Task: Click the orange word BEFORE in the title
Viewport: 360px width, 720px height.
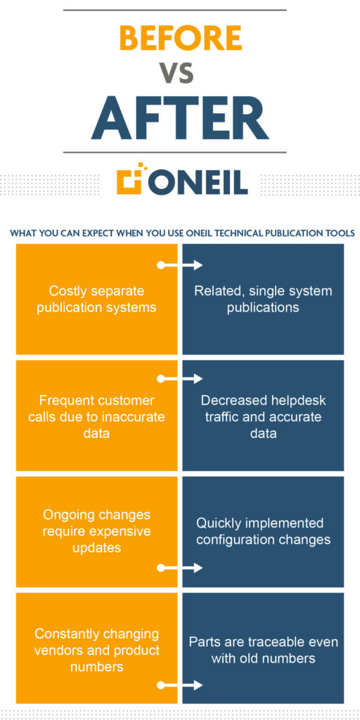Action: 180,38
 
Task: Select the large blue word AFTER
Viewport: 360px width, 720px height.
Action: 180,118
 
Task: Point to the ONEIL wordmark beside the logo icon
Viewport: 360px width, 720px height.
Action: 200,182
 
